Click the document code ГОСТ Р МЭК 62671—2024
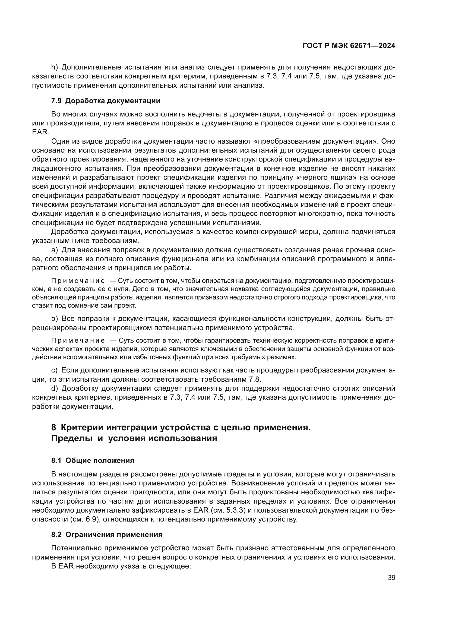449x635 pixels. (x=349, y=46)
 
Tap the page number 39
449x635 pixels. (x=391, y=578)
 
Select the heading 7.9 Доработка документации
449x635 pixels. (x=106, y=101)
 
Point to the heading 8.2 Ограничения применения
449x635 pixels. (x=107, y=535)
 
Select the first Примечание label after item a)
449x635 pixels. (x=78, y=281)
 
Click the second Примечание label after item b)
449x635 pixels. (x=78, y=340)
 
